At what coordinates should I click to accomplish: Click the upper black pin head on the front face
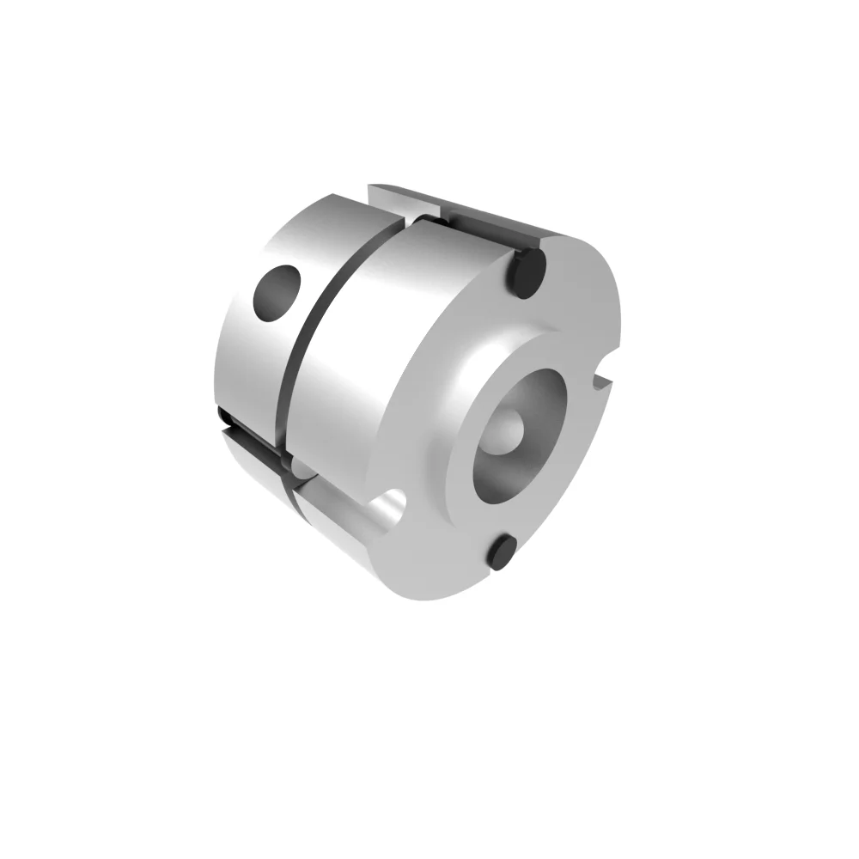tap(526, 271)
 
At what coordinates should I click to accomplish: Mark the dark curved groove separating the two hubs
tap(318, 326)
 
